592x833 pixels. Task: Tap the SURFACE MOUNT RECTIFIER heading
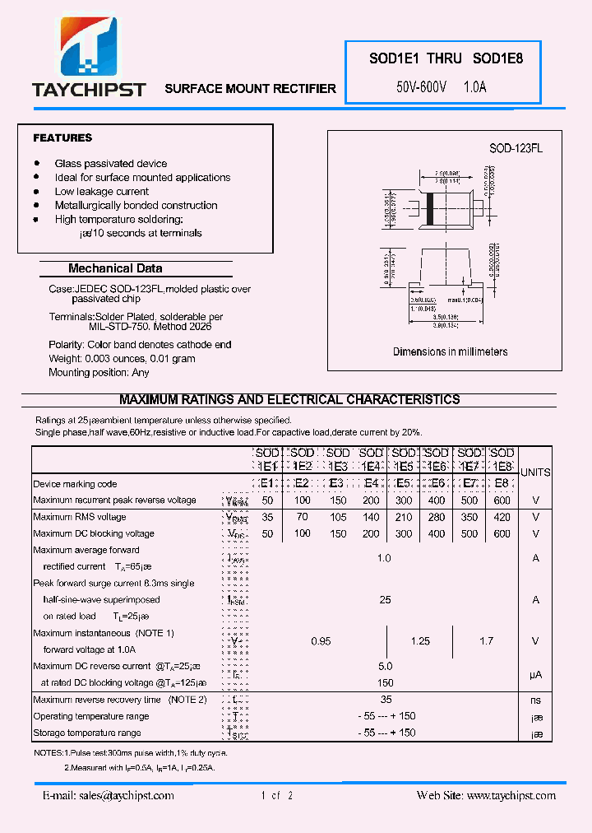pyautogui.click(x=250, y=88)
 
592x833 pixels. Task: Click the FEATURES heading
pyautogui.click(x=62, y=137)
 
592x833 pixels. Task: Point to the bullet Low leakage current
pyautogui.click(x=101, y=191)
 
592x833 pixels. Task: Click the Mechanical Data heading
pyautogui.click(x=115, y=268)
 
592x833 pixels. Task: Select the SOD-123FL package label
pyautogui.click(x=516, y=148)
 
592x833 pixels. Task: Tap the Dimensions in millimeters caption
pyautogui.click(x=450, y=351)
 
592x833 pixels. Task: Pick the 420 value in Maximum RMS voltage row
pyautogui.click(x=502, y=517)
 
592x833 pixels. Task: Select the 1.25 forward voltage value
pyautogui.click(x=420, y=641)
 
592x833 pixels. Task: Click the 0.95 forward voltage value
pyautogui.click(x=321, y=641)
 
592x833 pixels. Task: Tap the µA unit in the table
pyautogui.click(x=535, y=674)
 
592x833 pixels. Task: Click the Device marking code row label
pyautogui.click(x=75, y=484)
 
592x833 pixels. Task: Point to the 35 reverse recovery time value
pyautogui.click(x=386, y=700)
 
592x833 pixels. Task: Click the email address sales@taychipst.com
pyautogui.click(x=109, y=795)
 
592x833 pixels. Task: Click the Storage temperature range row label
pyautogui.click(x=87, y=733)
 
